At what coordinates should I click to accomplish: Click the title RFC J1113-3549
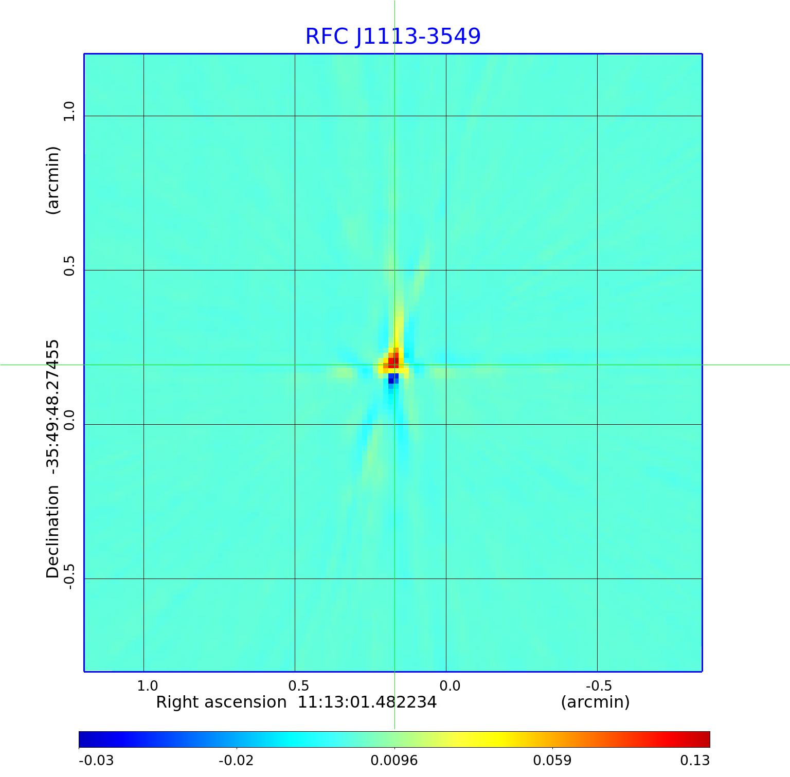[393, 37]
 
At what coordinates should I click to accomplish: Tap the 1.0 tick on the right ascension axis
[147, 685]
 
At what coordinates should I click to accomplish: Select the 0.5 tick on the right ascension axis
[298, 685]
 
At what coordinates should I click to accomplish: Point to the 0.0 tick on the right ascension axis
[450, 685]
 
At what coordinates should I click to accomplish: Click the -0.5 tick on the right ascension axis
[599, 685]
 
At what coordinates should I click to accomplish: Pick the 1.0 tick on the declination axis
[68, 111]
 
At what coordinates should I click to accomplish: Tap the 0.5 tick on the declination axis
[68, 265]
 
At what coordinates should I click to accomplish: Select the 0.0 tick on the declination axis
[68, 420]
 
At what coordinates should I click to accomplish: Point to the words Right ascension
[221, 702]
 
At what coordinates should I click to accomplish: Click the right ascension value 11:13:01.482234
[367, 702]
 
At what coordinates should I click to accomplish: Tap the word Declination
[53, 532]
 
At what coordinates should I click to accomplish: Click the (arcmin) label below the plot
[595, 702]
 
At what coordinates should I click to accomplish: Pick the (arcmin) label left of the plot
[53, 180]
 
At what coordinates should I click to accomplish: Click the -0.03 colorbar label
[96, 760]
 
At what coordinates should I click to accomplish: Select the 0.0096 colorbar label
[394, 760]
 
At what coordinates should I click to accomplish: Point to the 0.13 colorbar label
[694, 760]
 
